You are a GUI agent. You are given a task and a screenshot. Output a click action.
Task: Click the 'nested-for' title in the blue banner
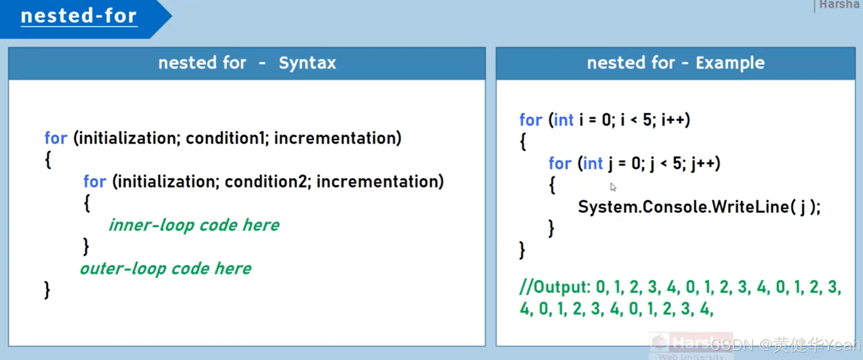coord(79,16)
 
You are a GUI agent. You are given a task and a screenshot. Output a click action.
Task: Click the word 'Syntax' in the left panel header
coord(307,63)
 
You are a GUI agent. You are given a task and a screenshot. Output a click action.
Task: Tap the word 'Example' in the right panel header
coord(730,63)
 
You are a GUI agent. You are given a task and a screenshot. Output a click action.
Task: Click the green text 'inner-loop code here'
coord(194,225)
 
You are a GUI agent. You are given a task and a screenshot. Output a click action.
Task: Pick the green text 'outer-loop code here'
coord(165,268)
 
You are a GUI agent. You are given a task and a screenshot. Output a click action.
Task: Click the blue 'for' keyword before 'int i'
coord(530,120)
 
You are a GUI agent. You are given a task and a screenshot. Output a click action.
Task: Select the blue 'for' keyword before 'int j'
coord(560,164)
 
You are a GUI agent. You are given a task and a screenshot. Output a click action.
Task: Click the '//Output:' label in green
coord(555,287)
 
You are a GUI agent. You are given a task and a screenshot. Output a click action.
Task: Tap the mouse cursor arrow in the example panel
coord(613,187)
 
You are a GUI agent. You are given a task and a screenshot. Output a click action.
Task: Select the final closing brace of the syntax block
coord(47,290)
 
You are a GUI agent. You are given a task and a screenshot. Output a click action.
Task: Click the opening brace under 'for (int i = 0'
coord(523,141)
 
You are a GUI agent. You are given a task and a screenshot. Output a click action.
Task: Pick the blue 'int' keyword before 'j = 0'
coord(593,164)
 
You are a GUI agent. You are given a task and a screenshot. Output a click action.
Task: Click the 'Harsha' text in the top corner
coord(839,5)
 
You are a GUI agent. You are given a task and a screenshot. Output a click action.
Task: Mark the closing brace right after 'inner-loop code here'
coord(86,247)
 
